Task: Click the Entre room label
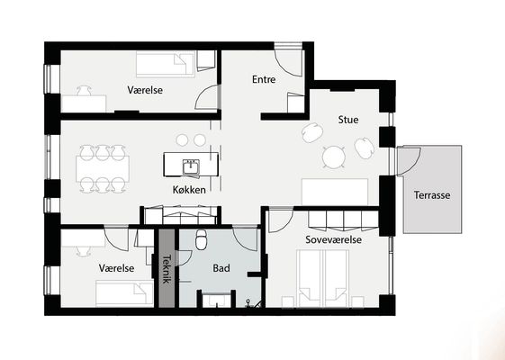264,79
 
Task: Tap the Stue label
348,120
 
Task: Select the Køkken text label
189,190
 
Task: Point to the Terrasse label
432,194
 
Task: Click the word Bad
221,268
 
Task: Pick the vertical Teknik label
167,269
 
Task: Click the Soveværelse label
333,239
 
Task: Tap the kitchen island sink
191,166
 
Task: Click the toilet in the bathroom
202,238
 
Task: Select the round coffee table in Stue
334,157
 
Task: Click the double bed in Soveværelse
323,278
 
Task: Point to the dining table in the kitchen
103,169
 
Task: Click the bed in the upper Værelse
166,64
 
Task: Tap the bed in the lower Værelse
124,293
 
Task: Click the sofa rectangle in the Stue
335,192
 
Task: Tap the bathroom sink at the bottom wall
217,300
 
